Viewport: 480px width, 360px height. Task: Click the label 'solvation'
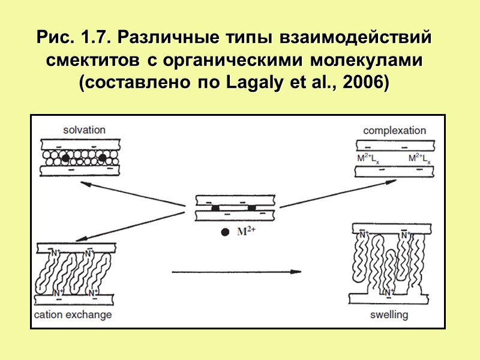pyautogui.click(x=85, y=130)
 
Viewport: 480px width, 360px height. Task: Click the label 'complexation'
pyautogui.click(x=394, y=130)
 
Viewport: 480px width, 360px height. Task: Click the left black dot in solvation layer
pyautogui.click(x=65, y=158)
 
